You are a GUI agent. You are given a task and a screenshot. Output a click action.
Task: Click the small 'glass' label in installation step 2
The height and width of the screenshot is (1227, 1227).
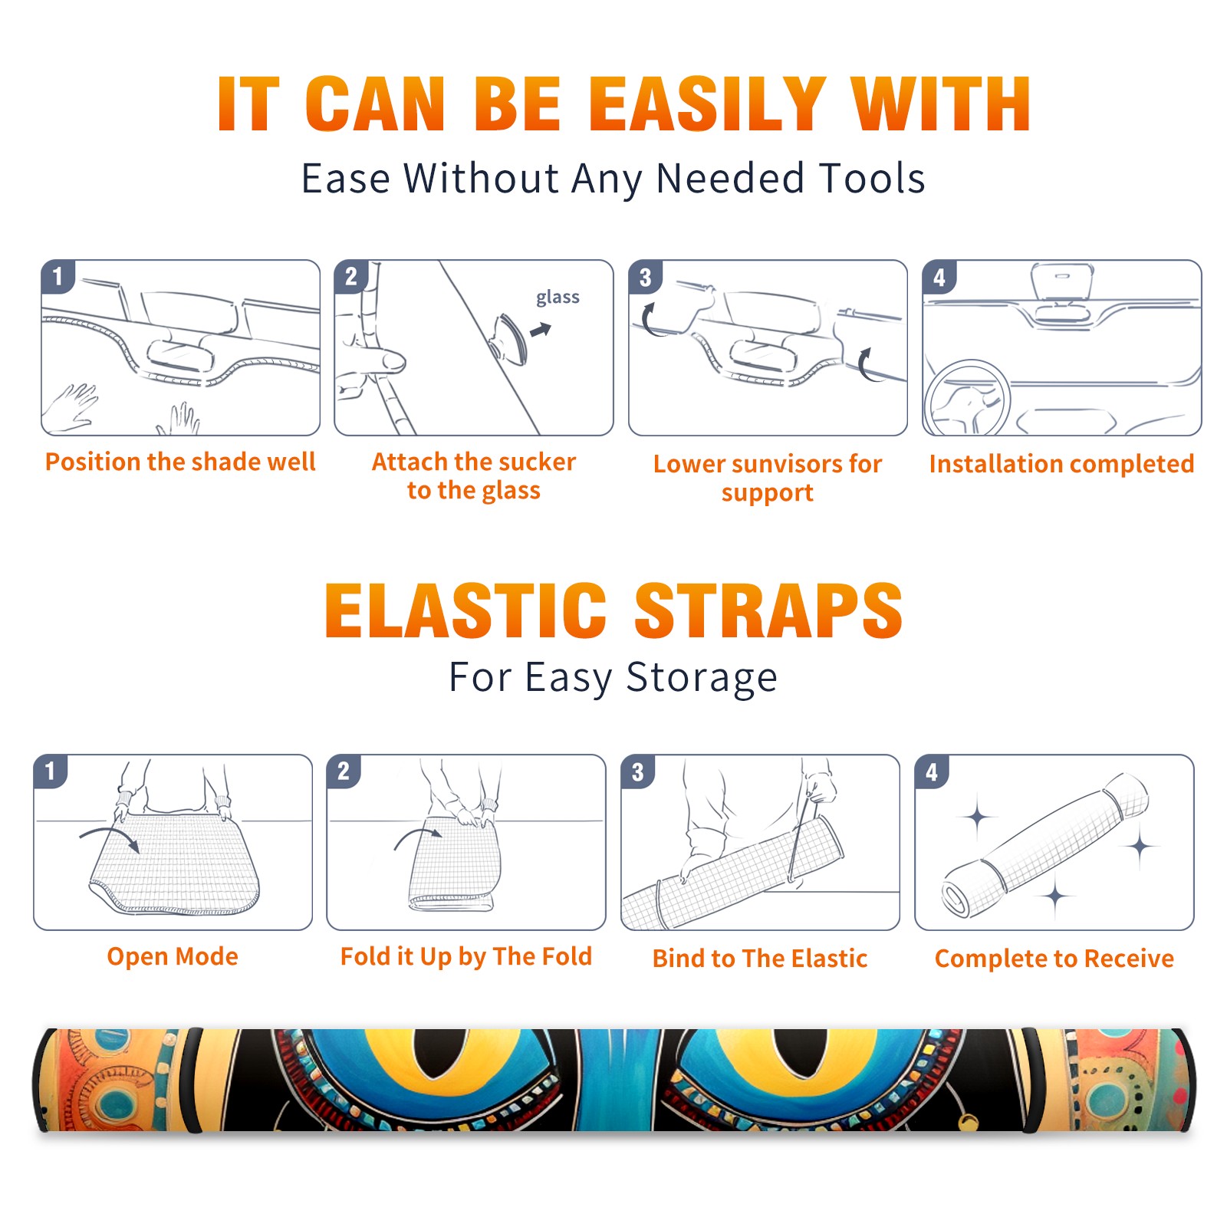(558, 298)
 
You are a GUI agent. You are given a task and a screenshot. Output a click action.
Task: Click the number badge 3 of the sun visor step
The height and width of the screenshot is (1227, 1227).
(645, 277)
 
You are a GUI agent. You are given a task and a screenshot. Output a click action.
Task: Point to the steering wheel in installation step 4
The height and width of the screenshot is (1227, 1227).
(967, 398)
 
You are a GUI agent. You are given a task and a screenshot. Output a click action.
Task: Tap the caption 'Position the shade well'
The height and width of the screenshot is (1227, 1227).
(180, 462)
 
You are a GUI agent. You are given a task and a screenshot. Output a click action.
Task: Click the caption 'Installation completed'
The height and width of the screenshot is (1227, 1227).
(1061, 464)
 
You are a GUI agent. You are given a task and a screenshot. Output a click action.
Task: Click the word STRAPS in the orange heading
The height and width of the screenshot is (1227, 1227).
(768, 610)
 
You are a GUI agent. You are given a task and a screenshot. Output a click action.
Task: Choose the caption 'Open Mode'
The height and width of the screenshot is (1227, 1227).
(173, 956)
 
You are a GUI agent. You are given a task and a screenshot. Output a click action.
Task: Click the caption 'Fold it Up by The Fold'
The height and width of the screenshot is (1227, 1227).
(466, 957)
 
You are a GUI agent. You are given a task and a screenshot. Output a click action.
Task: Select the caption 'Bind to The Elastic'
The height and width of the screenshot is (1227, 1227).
(760, 959)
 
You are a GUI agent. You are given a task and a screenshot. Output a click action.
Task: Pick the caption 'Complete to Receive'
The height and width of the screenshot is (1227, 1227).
(1054, 959)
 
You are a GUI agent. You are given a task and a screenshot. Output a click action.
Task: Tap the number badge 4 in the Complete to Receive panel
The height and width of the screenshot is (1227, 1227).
(932, 771)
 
